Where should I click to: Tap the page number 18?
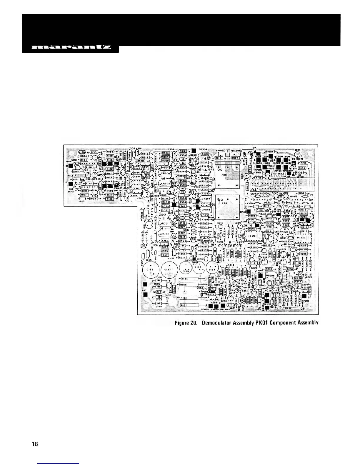click(x=35, y=444)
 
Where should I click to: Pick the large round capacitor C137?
click(x=168, y=270)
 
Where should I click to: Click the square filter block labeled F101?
click(x=227, y=177)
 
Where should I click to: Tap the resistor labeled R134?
click(x=110, y=152)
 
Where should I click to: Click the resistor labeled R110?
click(x=270, y=152)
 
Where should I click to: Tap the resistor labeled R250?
click(x=290, y=269)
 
